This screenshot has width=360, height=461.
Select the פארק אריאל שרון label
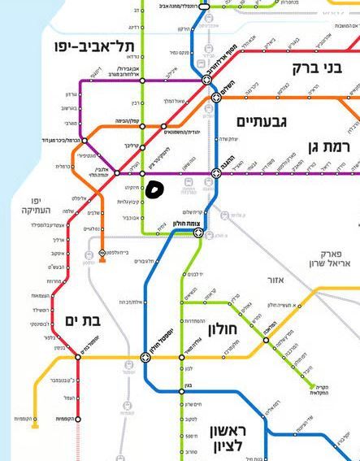pyautogui.click(x=330, y=258)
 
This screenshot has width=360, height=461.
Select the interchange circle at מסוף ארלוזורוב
pyautogui.click(x=207, y=80)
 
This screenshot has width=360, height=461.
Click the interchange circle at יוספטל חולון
pyautogui.click(x=146, y=357)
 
